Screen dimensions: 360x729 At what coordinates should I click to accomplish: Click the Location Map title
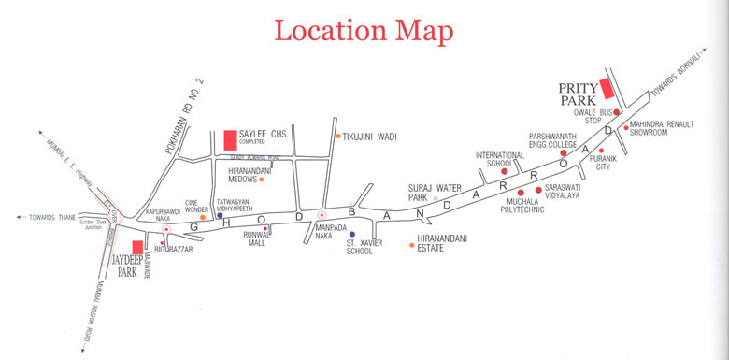tap(364, 30)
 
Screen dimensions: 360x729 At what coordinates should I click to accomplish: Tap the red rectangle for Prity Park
tap(606, 89)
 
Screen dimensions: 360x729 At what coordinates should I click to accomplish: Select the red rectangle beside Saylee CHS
tap(229, 141)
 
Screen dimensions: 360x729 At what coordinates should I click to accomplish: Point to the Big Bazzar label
tap(174, 250)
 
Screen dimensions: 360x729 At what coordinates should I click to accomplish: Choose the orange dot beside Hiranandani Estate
tap(412, 245)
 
